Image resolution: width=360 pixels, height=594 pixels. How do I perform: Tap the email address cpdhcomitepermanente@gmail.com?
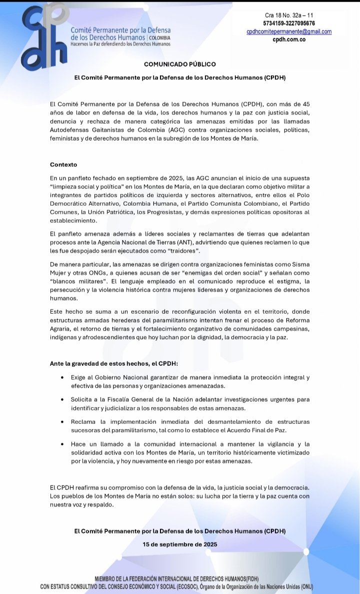tap(289, 32)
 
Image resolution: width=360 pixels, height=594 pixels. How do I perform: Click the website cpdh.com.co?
tap(289, 39)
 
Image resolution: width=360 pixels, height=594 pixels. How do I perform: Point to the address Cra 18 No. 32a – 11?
tap(289, 16)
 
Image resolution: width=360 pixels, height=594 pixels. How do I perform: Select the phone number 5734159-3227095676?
tap(289, 24)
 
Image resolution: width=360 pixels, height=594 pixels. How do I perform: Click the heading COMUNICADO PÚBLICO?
tap(180, 64)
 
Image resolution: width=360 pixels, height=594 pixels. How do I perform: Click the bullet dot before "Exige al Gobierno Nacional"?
tap(61, 377)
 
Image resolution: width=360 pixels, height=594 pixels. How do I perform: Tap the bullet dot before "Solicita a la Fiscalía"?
tap(61, 400)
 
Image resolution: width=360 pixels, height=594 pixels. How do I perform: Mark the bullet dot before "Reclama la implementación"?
tap(61, 422)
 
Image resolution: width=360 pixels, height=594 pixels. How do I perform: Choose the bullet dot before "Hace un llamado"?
tap(61, 444)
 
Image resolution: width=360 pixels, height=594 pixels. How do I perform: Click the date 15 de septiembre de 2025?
tap(180, 543)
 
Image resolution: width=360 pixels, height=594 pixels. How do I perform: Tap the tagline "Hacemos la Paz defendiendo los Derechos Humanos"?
tap(120, 44)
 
